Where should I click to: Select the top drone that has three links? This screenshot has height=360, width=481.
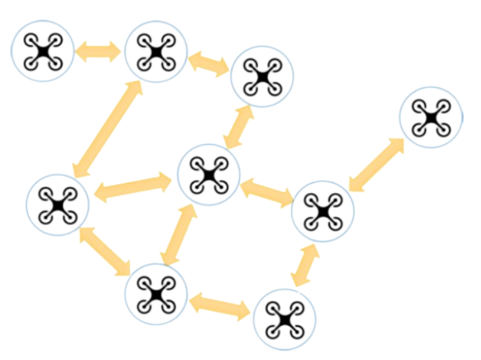point(156,51)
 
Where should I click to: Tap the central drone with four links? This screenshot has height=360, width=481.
point(207,175)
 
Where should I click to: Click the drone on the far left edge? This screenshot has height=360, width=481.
point(58,205)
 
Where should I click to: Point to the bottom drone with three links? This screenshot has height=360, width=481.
point(156,295)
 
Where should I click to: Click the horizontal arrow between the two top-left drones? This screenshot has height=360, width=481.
point(99,51)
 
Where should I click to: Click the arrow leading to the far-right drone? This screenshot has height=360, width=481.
point(376,164)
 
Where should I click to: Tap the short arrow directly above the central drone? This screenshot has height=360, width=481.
point(238,126)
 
